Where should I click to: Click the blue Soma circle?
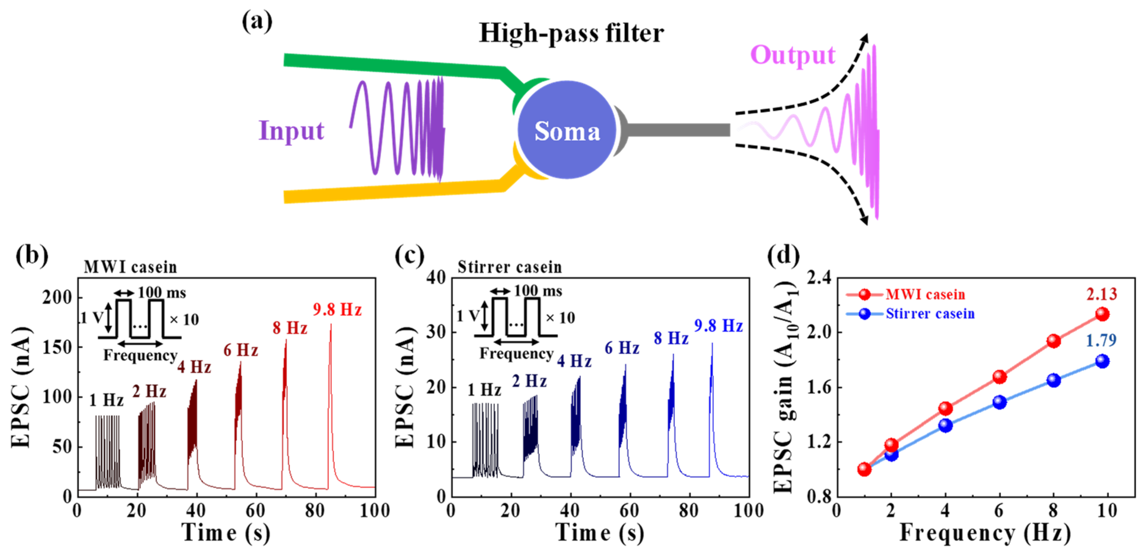click(567, 130)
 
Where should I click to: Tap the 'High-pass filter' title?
click(571, 33)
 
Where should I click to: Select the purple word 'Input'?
click(291, 131)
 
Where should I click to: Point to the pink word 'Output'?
click(792, 55)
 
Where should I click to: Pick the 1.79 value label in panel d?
click(1101, 340)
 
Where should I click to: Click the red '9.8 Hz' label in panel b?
click(337, 310)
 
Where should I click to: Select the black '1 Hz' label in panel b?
click(106, 400)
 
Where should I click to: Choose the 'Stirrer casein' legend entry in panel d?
click(930, 314)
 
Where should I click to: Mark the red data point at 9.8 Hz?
click(1102, 314)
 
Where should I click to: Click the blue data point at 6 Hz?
click(999, 402)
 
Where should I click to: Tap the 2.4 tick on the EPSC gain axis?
click(819, 278)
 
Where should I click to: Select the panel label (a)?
click(257, 22)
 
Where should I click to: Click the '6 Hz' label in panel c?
click(622, 349)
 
